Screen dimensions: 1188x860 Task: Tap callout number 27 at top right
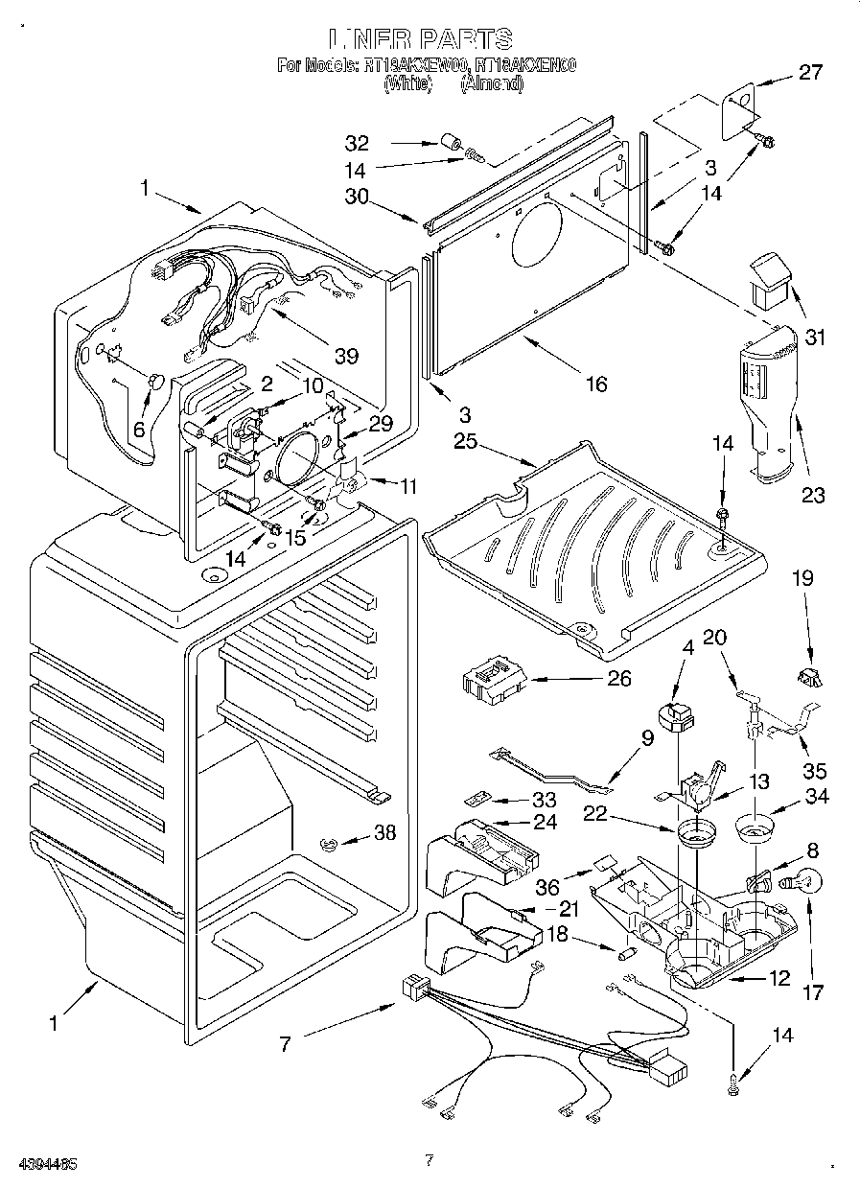click(810, 72)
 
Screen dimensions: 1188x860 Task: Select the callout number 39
click(346, 356)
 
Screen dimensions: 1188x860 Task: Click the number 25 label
click(466, 441)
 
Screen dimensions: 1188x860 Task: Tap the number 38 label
click(384, 833)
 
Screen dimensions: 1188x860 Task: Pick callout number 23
click(813, 495)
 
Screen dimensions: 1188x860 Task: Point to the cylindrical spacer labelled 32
click(449, 144)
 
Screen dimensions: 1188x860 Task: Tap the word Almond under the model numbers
click(493, 83)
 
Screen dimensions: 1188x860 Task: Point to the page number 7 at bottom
click(429, 1160)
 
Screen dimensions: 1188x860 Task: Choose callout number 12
click(779, 978)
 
